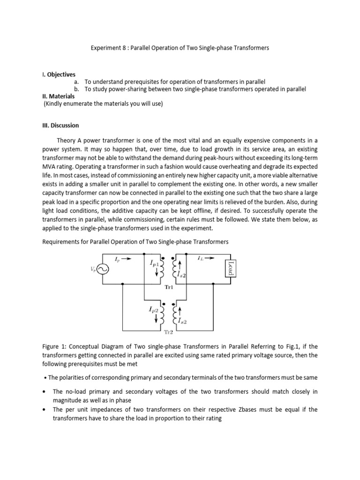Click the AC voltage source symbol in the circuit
[103, 269]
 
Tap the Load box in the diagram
[230, 269]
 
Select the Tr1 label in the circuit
[169, 288]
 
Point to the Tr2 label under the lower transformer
[168, 332]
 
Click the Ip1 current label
[155, 264]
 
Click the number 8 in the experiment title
[120, 48]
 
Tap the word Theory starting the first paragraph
[66, 140]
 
